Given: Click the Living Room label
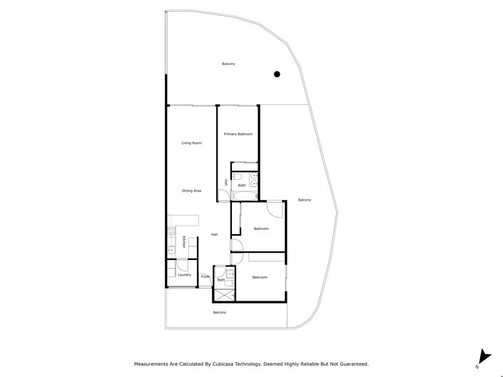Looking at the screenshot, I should click(x=191, y=143).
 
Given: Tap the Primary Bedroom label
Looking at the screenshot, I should click(x=238, y=134).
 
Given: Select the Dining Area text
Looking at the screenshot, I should click(x=191, y=191).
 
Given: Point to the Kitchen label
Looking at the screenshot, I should click(x=183, y=242).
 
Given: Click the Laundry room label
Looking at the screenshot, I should click(x=183, y=275).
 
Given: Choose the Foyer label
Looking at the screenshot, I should click(x=205, y=276).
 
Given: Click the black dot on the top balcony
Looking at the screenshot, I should click(x=278, y=74).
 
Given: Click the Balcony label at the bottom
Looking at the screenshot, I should click(x=220, y=313).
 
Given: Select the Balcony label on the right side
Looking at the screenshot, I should click(x=305, y=200).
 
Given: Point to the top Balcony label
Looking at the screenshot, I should click(x=228, y=64).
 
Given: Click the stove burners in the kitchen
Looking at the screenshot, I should click(x=171, y=231).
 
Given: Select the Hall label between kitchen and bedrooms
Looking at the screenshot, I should click(x=214, y=235).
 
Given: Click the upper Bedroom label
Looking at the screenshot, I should click(x=261, y=228).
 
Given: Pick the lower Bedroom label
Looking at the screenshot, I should click(x=259, y=277).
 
